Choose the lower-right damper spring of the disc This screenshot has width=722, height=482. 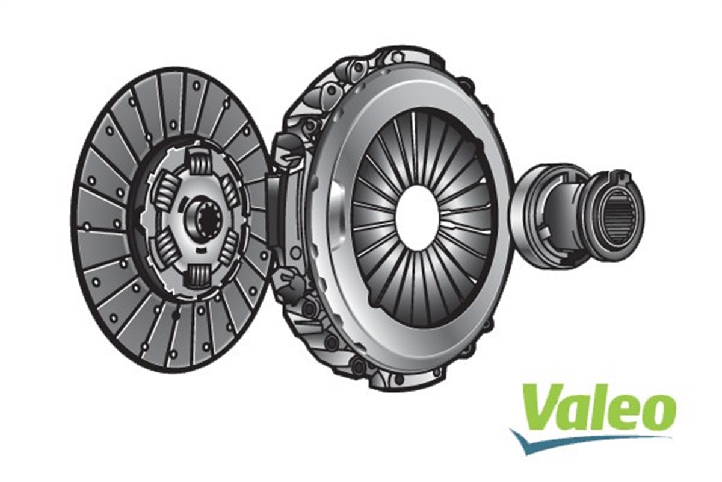pyautogui.click(x=229, y=248)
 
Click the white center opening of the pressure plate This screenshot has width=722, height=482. pyautogui.click(x=417, y=218)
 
